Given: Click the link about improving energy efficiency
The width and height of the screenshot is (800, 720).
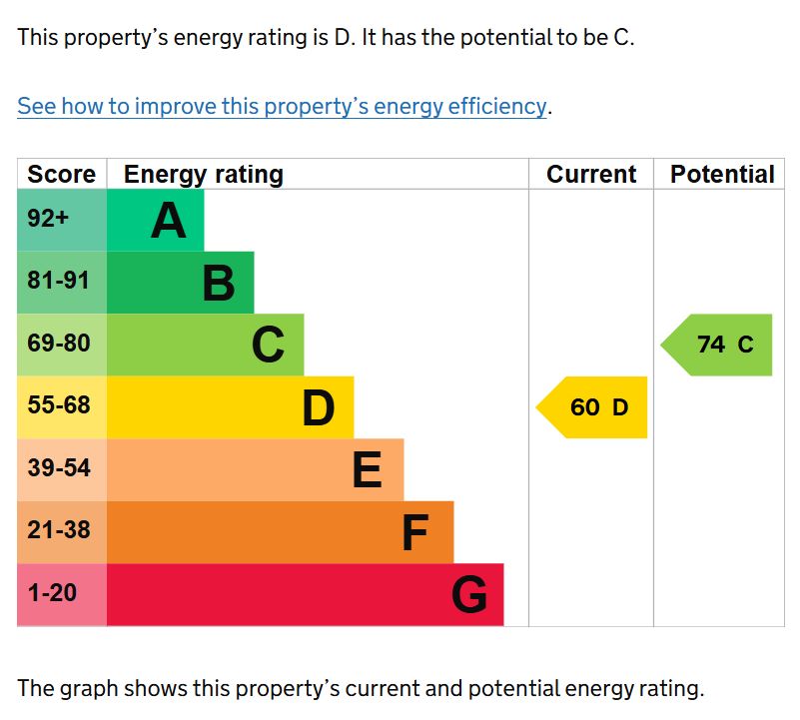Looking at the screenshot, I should click(x=282, y=106).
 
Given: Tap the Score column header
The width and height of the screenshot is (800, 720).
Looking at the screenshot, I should click(x=61, y=175).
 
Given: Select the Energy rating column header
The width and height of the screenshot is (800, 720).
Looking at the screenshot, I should click(x=204, y=175).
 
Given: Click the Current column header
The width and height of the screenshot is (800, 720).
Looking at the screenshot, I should click(x=591, y=175).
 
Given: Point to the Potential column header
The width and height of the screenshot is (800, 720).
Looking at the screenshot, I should click(x=722, y=175).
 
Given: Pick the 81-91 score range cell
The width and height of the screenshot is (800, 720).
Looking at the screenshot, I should click(x=59, y=282).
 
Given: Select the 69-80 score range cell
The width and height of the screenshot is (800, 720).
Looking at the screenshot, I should click(x=59, y=344).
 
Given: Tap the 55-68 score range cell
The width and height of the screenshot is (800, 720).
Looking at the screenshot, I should click(x=59, y=406).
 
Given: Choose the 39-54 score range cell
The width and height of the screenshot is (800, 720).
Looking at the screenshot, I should click(x=59, y=468).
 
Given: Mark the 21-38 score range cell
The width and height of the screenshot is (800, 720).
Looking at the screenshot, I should click(x=59, y=530).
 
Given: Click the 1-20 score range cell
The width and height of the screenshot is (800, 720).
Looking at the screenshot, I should click(x=52, y=593).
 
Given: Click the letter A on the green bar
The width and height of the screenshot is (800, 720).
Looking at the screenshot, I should click(x=169, y=221).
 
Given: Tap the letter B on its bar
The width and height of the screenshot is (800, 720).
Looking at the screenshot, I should click(x=219, y=284).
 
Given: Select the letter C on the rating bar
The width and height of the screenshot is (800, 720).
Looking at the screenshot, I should click(x=268, y=346).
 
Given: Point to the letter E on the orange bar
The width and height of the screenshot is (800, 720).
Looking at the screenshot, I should click(x=368, y=470).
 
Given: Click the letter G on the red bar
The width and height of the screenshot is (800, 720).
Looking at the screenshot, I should click(x=469, y=595).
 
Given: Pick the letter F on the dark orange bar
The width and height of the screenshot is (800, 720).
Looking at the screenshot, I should click(x=414, y=533).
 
